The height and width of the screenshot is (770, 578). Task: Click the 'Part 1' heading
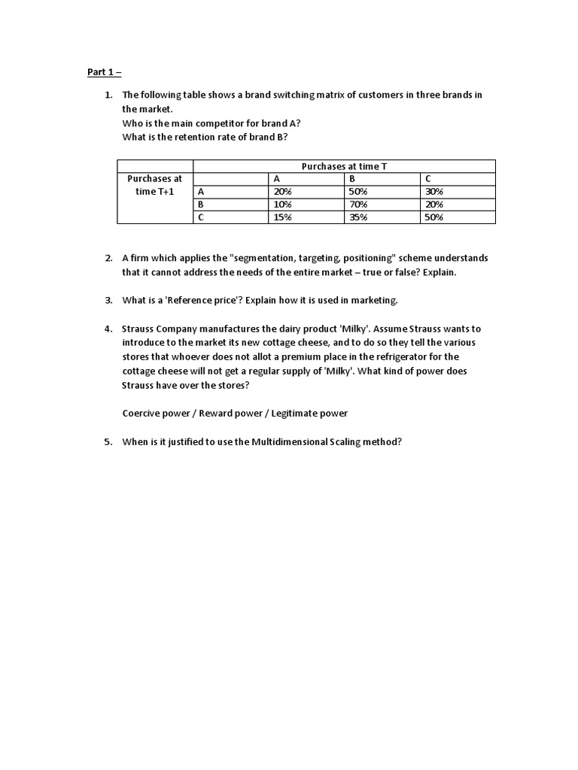pyautogui.click(x=103, y=73)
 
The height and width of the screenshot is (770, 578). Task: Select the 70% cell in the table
pyautogui.click(x=358, y=205)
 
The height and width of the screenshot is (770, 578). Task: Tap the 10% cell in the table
pyautogui.click(x=283, y=205)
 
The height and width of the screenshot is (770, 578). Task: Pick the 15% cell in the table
pyautogui.click(x=283, y=217)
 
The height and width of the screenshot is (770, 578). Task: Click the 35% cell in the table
pyautogui.click(x=358, y=217)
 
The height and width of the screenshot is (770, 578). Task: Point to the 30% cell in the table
pyautogui.click(x=434, y=192)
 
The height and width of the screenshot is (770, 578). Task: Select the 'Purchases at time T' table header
pyautogui.click(x=344, y=166)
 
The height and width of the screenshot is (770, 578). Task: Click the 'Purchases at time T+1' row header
pyautogui.click(x=155, y=185)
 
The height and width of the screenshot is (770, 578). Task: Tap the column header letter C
pyautogui.click(x=428, y=179)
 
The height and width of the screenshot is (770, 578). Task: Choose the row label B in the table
pyautogui.click(x=201, y=205)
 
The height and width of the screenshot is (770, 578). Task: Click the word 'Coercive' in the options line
pyautogui.click(x=141, y=414)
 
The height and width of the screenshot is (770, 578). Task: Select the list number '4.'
pyautogui.click(x=108, y=329)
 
